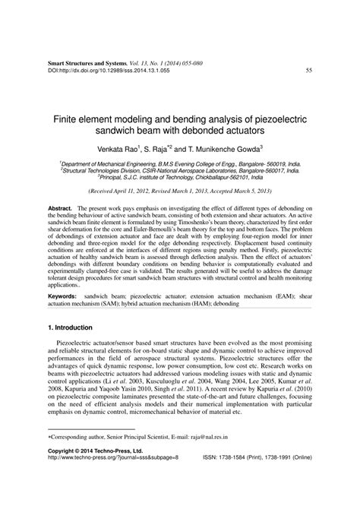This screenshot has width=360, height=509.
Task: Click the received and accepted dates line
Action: click(x=179, y=193)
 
